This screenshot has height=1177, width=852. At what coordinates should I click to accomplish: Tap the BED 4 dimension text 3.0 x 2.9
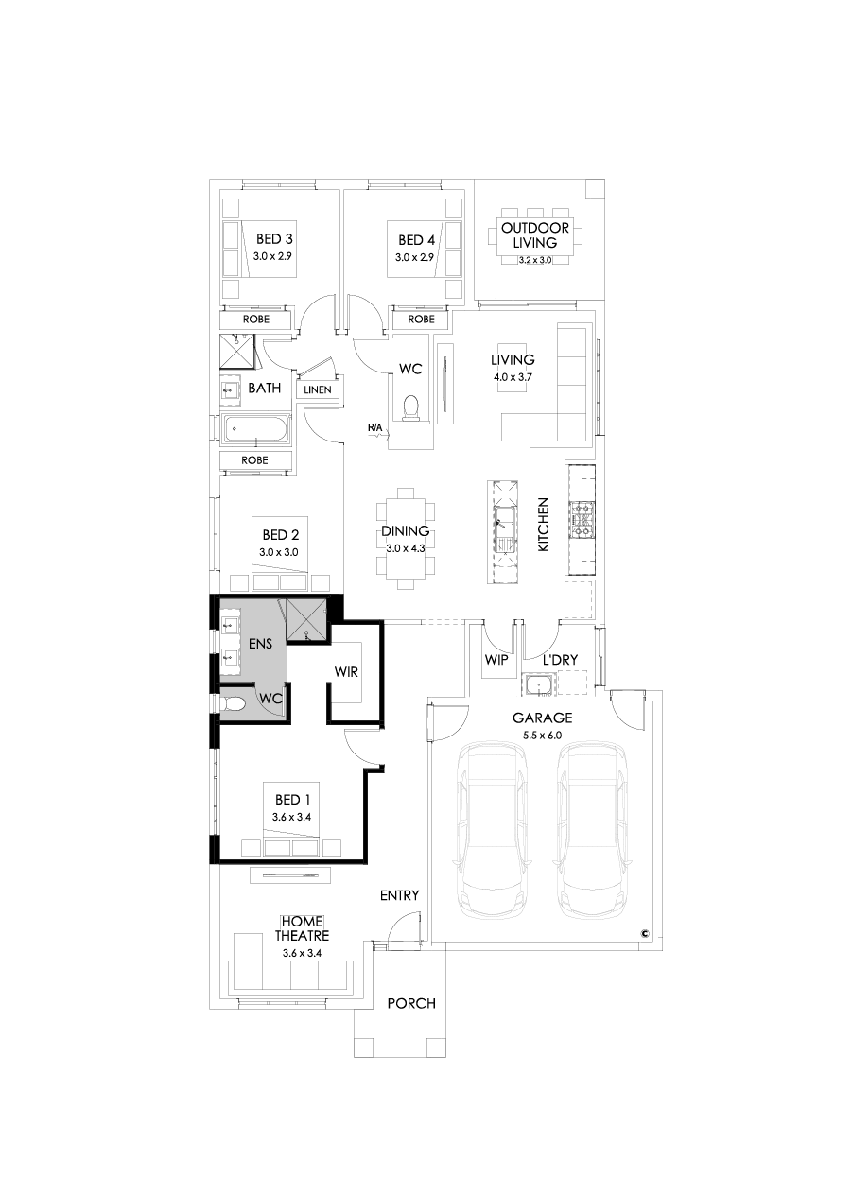click(x=414, y=257)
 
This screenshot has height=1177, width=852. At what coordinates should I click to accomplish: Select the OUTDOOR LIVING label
click(x=535, y=235)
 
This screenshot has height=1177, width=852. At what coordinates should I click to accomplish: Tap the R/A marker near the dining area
click(x=376, y=429)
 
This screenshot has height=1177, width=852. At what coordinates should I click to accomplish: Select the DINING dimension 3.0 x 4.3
click(x=406, y=547)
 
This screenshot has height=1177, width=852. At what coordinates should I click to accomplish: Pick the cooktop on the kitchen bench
click(x=582, y=519)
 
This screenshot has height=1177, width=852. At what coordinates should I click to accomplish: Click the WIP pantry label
click(x=496, y=659)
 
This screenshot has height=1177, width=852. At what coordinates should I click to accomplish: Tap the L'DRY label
click(x=560, y=659)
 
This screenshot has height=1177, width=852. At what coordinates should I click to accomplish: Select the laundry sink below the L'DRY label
click(x=537, y=684)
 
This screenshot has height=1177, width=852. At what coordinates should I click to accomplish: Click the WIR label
click(x=345, y=672)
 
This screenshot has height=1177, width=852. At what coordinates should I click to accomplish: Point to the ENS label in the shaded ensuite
click(x=261, y=644)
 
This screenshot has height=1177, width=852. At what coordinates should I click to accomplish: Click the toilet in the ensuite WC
click(x=234, y=703)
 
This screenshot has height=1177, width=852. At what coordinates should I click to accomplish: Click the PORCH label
click(x=411, y=1003)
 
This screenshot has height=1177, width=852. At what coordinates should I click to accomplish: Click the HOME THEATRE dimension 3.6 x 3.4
click(x=302, y=953)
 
